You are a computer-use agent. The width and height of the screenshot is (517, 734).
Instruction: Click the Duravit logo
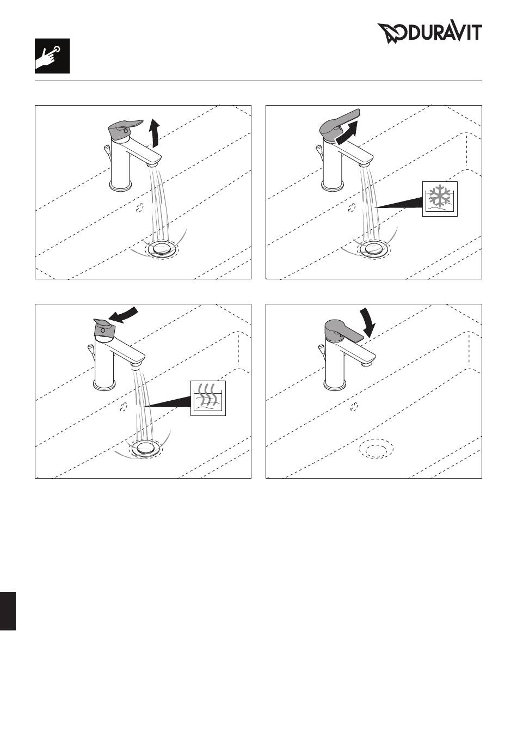[429, 33]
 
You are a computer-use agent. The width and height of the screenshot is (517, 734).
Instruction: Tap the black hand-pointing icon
[52, 56]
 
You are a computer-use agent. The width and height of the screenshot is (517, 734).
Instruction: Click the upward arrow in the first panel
[155, 133]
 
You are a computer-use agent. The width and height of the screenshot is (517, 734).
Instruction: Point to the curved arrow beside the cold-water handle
[348, 133]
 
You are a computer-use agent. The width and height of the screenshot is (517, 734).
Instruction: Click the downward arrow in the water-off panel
[368, 323]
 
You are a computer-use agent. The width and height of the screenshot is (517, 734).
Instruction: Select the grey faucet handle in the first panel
[125, 130]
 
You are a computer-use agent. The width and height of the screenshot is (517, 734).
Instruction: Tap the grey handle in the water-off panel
[343, 331]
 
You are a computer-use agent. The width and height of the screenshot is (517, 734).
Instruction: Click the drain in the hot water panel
[145, 447]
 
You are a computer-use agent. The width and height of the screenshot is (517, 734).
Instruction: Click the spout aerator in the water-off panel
[367, 363]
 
